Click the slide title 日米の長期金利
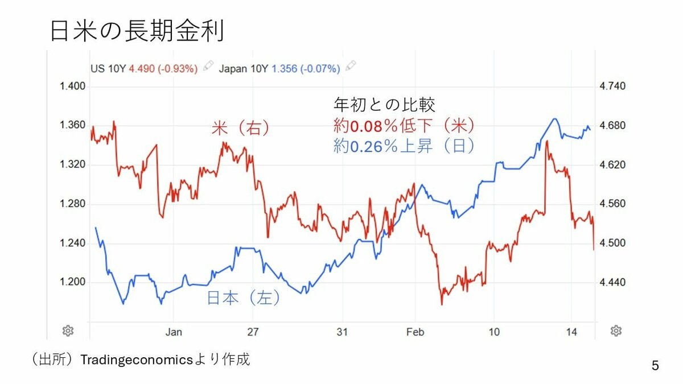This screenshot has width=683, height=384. [x=137, y=32]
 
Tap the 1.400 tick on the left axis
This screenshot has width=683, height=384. [x=72, y=86]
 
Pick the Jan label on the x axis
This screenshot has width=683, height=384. [x=173, y=332]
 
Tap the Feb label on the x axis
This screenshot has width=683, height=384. [x=415, y=332]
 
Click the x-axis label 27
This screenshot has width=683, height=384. [x=253, y=332]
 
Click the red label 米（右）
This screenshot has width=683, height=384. [x=240, y=129]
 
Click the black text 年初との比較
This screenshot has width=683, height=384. [x=384, y=105]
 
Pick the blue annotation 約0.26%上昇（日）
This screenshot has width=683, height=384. [x=405, y=146]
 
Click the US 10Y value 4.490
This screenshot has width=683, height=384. [x=142, y=68]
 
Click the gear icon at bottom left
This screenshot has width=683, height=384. [x=68, y=331]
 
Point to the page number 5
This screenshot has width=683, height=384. [x=655, y=366]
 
